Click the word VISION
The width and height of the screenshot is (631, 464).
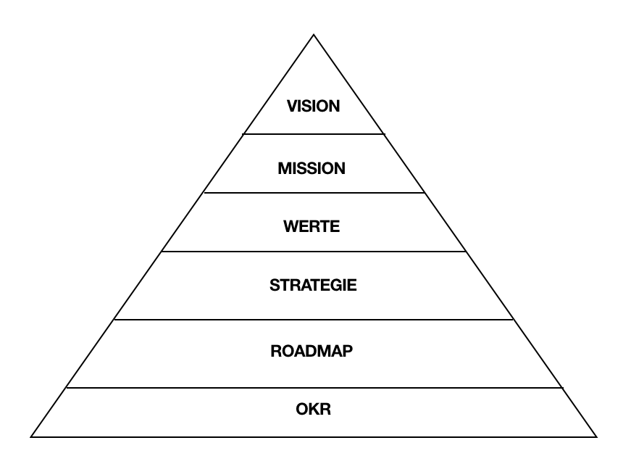pyautogui.click(x=314, y=106)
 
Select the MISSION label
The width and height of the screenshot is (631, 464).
pyautogui.click(x=312, y=169)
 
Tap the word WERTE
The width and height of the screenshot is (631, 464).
pyautogui.click(x=312, y=227)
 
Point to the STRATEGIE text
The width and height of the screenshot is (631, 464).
pyautogui.click(x=313, y=285)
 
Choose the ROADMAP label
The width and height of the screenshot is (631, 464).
pyautogui.click(x=312, y=352)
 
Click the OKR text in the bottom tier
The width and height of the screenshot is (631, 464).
pyautogui.click(x=314, y=410)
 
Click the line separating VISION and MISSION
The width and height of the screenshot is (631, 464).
pyautogui.click(x=314, y=134)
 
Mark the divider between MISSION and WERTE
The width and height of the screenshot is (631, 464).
pyautogui.click(x=314, y=193)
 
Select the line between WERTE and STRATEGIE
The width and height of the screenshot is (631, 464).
pyautogui.click(x=314, y=252)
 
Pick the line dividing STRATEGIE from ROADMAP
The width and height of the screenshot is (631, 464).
pyautogui.click(x=314, y=320)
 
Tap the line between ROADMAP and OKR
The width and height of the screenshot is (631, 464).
pyautogui.click(x=314, y=388)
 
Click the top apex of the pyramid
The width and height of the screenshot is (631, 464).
pyautogui.click(x=314, y=34)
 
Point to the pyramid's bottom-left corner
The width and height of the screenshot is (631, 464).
pyautogui.click(x=31, y=436)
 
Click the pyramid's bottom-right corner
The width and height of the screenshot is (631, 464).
pyautogui.click(x=597, y=436)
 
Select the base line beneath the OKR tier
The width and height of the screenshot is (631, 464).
pyautogui.click(x=314, y=436)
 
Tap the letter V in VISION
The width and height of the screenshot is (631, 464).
pyautogui.click(x=292, y=106)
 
